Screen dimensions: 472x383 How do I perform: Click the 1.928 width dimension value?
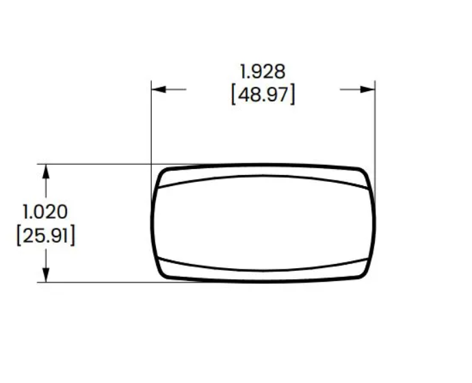tap(263, 72)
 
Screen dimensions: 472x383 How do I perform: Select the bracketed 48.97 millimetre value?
tap(263, 94)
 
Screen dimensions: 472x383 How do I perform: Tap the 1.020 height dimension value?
tap(45, 211)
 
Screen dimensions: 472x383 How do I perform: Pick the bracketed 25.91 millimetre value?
tap(45, 235)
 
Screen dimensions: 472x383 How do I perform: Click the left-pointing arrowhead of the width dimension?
tap(159, 90)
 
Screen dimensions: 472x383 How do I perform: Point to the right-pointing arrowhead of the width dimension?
tap(367, 90)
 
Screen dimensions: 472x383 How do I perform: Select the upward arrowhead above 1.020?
tap(46, 172)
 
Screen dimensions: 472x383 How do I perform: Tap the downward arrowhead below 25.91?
tap(46, 275)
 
